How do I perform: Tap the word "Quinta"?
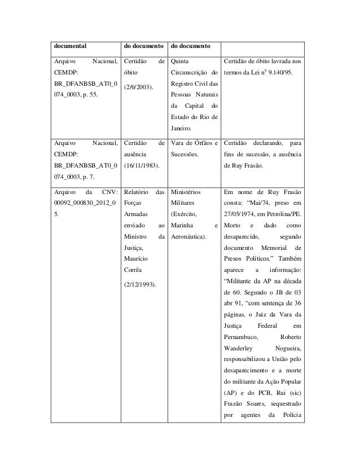click(x=181, y=60)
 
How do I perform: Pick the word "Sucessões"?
click(x=184, y=152)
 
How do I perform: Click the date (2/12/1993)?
click(x=141, y=284)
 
